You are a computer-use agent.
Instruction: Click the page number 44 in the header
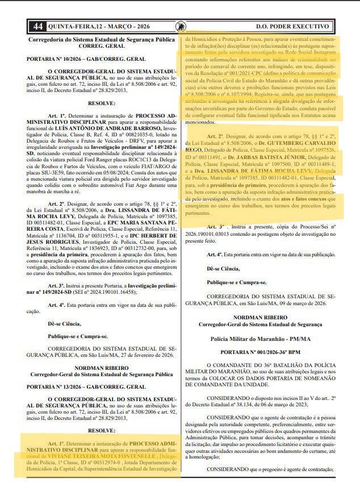38,26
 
